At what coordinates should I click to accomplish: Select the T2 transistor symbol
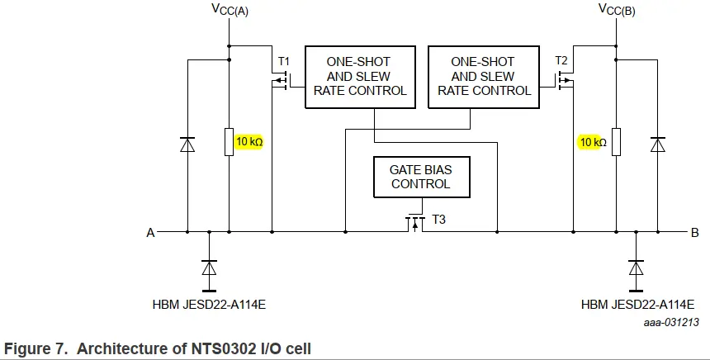[x=566, y=80]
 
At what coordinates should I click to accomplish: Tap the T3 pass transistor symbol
[x=413, y=223]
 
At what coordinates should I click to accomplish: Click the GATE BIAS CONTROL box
[x=421, y=177]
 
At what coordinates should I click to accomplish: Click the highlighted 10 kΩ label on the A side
[x=249, y=142]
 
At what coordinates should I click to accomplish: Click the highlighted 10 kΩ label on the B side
[x=592, y=142]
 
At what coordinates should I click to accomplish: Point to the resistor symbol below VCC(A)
[x=229, y=142]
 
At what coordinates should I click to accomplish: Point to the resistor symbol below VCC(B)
[x=615, y=142]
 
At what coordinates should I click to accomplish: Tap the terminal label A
[x=150, y=234]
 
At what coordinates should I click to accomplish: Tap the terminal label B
[x=694, y=234]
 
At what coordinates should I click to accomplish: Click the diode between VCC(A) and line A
[x=187, y=144]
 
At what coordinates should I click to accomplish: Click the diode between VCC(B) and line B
[x=657, y=144]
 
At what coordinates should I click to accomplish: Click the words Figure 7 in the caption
[x=35, y=348]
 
